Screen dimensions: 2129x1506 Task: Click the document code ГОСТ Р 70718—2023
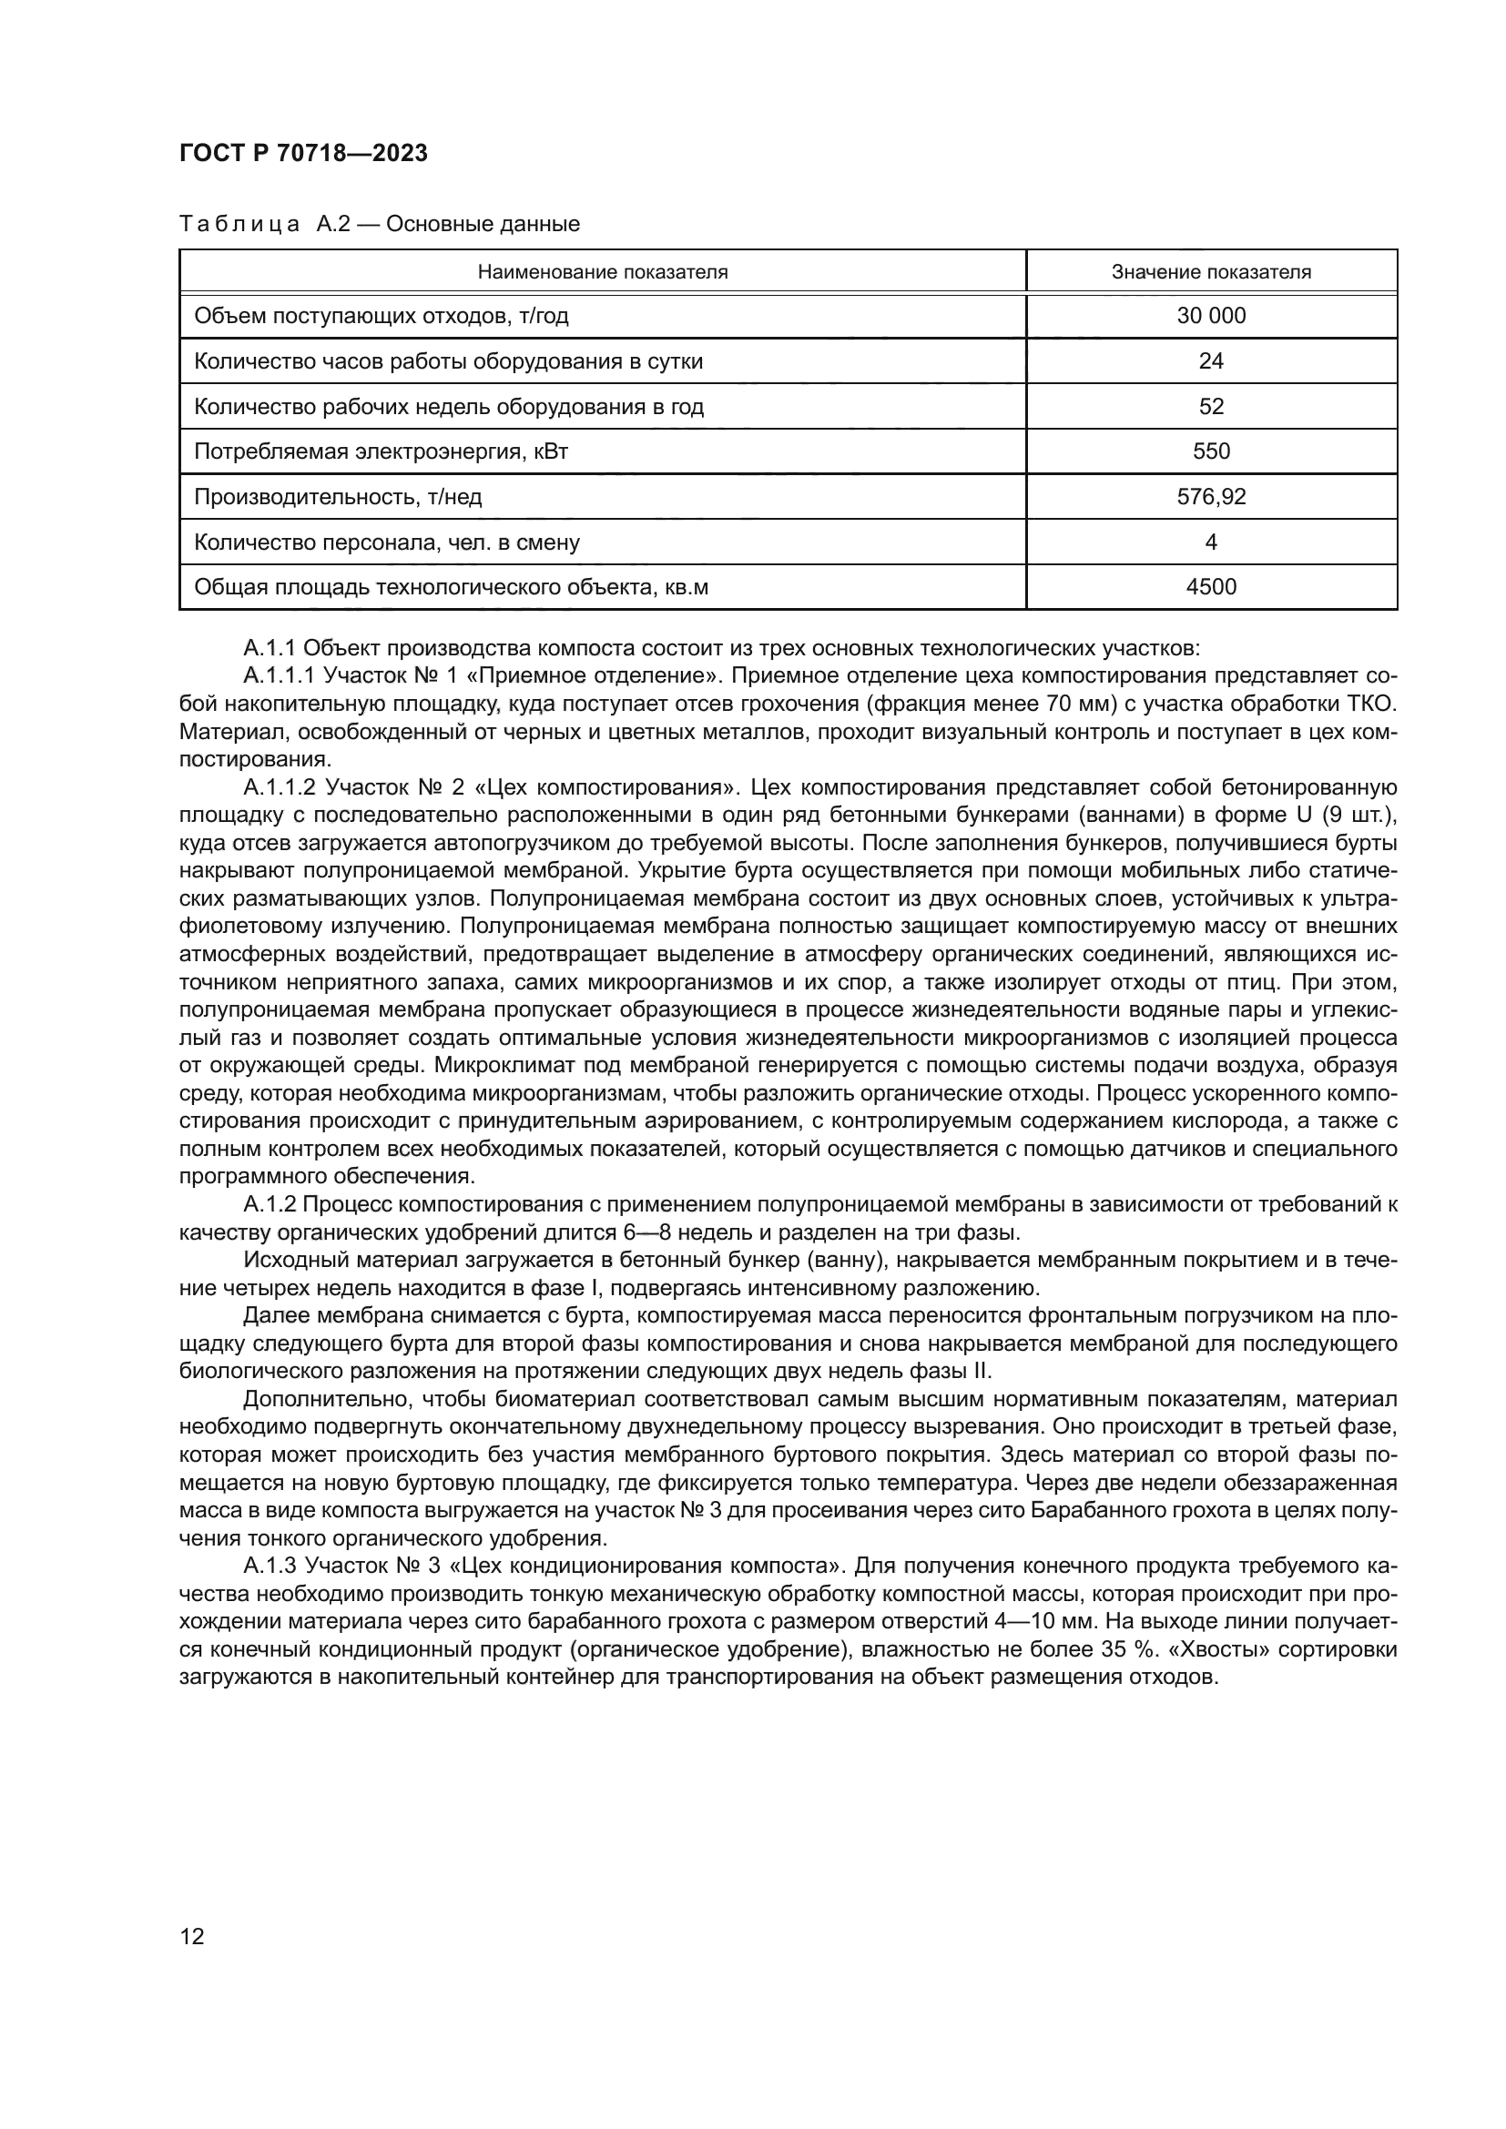coord(303,154)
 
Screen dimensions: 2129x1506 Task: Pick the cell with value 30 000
coord(1210,316)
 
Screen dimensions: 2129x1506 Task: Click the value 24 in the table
coord(1210,361)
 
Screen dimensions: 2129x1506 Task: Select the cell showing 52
coord(1210,406)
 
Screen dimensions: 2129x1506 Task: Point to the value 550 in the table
coord(1210,451)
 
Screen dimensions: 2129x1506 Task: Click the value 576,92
coord(1210,497)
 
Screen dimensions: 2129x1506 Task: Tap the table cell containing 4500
coord(1210,587)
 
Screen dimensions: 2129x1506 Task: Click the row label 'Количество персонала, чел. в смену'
coord(386,542)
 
